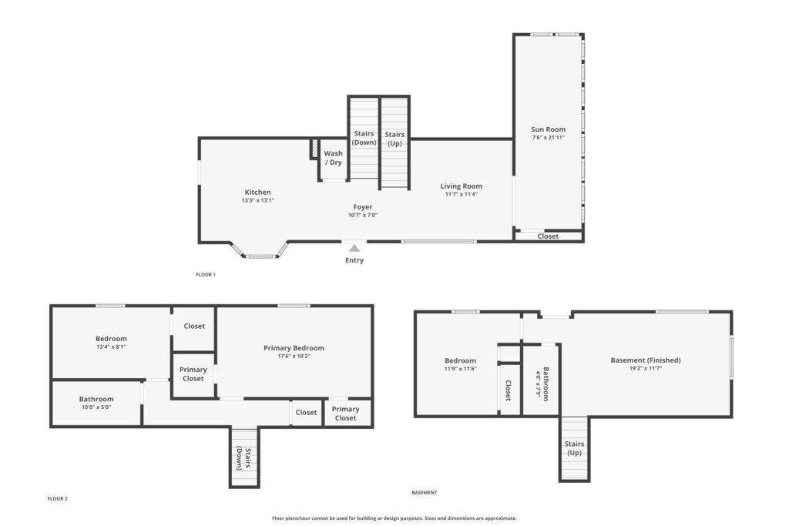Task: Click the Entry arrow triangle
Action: tap(354, 248)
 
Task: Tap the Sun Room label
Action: tap(548, 129)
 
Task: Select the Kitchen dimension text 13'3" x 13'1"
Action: tap(257, 200)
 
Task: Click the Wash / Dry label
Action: tap(333, 158)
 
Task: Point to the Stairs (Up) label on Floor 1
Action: tap(394, 139)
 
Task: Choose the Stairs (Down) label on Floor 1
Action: tap(364, 138)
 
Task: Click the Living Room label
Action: tap(461, 186)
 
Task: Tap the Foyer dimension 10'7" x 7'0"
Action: tap(363, 215)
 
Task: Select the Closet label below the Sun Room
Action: tap(548, 236)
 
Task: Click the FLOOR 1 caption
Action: tap(205, 275)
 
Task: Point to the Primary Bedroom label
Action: tap(294, 348)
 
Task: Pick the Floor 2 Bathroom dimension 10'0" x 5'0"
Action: tap(96, 407)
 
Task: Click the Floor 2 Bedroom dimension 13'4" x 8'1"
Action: tap(111, 347)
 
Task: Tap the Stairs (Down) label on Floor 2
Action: tap(244, 459)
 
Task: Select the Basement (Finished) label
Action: tap(646, 360)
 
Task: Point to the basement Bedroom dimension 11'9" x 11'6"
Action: tap(461, 369)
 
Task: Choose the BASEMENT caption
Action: tap(425, 493)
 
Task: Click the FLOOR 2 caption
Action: tap(57, 499)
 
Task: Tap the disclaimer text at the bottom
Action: tap(394, 518)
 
